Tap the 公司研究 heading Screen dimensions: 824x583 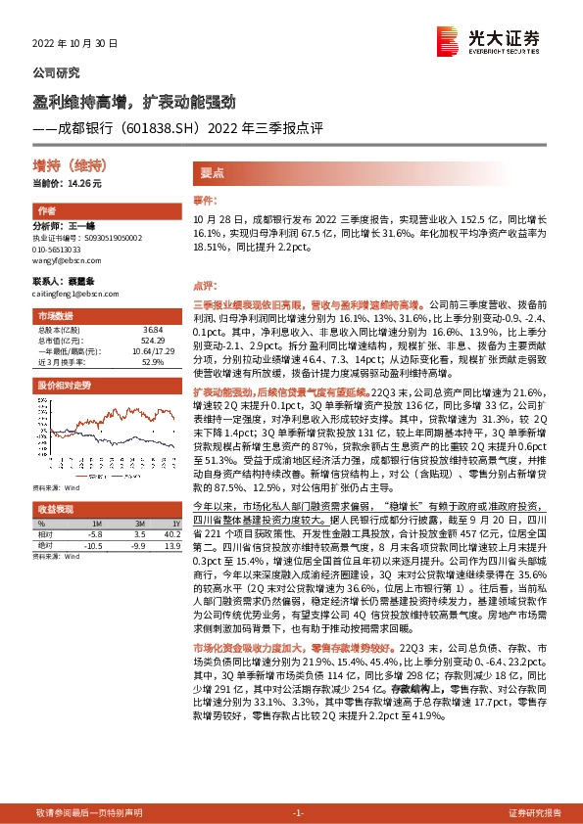coord(57,72)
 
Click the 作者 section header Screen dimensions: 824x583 coord(46,211)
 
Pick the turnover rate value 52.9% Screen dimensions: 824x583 coord(153,362)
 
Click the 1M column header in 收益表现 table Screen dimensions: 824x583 coord(94,525)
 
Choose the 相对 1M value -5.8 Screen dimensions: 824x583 coord(94,534)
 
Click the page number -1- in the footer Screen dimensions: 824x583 coord(299,812)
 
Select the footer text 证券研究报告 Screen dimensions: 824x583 coord(534,812)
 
